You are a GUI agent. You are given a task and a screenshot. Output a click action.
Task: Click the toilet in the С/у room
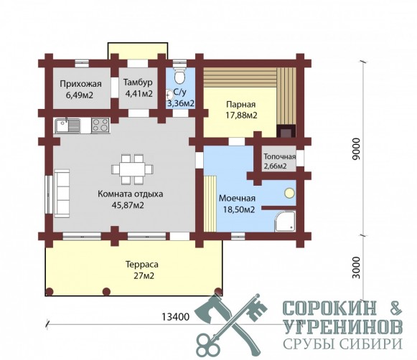coord(179,76)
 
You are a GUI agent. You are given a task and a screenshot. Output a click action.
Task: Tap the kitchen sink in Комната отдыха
coord(67,125)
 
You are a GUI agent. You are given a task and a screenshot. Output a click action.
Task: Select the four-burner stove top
coord(100,125)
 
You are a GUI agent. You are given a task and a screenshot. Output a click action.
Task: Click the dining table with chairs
coord(132,169)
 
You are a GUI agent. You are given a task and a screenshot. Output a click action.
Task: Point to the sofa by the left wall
coord(62,194)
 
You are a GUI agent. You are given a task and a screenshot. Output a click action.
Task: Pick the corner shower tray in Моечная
coord(285,222)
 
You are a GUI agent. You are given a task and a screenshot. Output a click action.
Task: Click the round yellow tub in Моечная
coord(289,193)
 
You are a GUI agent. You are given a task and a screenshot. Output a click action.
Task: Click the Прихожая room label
coord(80,84)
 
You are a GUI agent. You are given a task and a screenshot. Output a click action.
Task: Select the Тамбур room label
coord(138,82)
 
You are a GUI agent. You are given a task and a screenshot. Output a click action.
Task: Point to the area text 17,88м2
coord(241,115)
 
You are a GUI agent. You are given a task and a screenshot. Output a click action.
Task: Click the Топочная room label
coord(279,156)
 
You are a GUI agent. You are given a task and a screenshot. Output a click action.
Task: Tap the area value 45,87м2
coord(128,205)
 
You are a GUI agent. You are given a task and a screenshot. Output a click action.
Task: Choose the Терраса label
coord(141,265)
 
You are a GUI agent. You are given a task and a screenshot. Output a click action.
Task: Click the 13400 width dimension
coord(176,317)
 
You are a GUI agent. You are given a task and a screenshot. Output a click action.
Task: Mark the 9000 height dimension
coord(357,148)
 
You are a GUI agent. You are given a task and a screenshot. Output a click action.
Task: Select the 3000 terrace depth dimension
coord(357,267)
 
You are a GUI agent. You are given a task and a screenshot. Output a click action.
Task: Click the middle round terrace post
coord(106,291)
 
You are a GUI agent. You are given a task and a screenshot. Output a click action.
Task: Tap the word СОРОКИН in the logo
coord(329,308)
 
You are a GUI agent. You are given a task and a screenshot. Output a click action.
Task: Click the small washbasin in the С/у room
coord(169,95)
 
